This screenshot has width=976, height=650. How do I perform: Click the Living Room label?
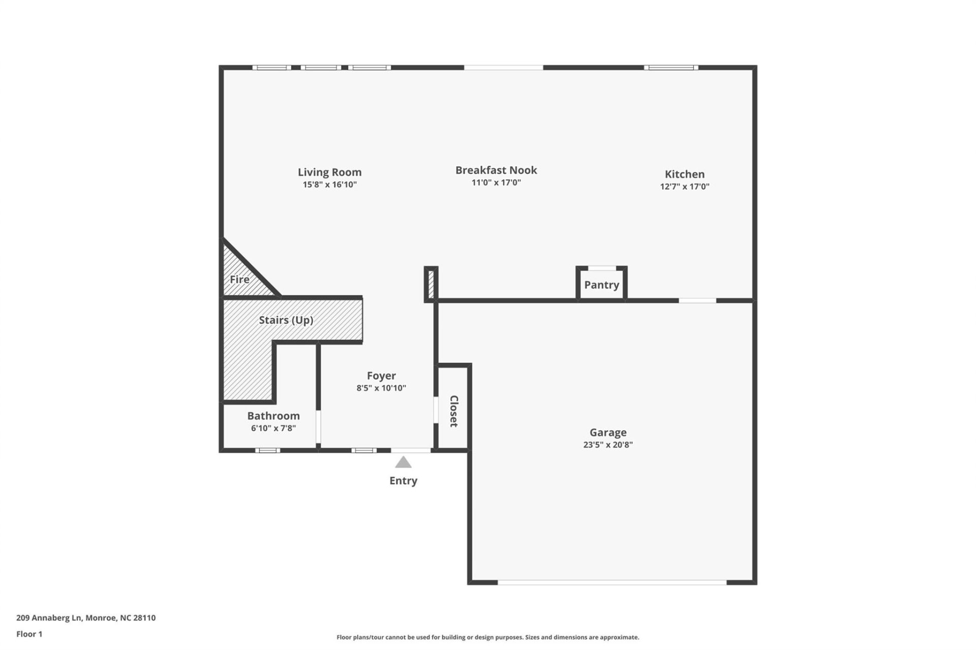[329, 172]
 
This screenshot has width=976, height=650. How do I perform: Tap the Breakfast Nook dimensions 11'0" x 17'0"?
[496, 182]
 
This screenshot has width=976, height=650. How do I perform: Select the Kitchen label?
[684, 174]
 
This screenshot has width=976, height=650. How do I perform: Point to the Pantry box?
[601, 285]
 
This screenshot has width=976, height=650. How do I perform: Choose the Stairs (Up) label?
[286, 320]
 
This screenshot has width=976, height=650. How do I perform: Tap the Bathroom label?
[273, 416]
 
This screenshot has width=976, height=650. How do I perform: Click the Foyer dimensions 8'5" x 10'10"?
[381, 388]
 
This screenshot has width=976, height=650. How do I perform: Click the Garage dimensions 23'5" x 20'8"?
[608, 445]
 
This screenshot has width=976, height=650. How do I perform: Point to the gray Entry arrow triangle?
[403, 462]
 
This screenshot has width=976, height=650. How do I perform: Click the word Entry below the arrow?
[403, 481]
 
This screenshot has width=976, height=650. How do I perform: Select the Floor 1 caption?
[29, 634]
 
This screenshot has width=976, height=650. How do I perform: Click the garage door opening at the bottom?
[612, 582]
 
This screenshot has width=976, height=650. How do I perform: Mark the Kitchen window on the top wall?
[671, 68]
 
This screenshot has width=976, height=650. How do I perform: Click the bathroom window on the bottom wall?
[267, 450]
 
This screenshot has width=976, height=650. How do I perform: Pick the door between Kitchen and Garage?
[697, 301]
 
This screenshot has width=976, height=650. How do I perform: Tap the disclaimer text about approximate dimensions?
[487, 637]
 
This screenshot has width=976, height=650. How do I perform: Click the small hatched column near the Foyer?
[431, 284]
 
